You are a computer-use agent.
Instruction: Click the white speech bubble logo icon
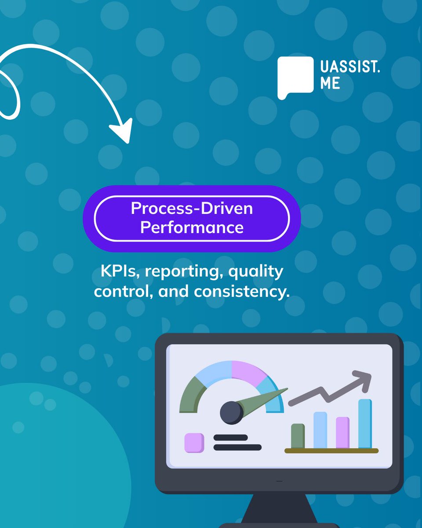tap(295, 76)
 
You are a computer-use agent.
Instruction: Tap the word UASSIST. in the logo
tap(349, 68)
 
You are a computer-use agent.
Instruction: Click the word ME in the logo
tap(330, 83)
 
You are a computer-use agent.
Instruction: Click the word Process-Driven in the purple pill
tap(192, 208)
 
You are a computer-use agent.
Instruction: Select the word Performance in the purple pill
tap(192, 227)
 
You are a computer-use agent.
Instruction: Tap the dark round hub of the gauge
tap(231, 412)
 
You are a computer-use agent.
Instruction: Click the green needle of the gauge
tap(264, 398)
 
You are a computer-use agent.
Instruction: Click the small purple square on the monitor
tap(194, 443)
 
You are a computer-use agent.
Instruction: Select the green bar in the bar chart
tap(298, 436)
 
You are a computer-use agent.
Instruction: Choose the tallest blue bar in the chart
tap(365, 424)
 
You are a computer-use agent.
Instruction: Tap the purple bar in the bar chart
tap(342, 433)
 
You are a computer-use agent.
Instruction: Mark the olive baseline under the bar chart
tap(331, 451)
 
